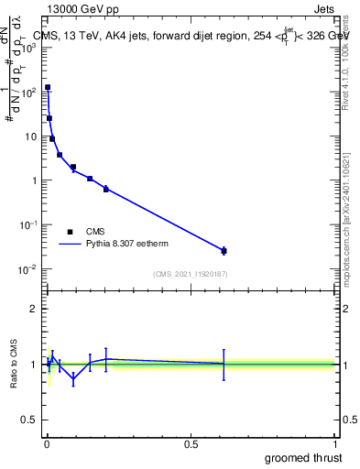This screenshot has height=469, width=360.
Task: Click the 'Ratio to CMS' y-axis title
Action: click(15, 365)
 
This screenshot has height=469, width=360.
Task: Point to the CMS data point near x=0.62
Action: click(224, 250)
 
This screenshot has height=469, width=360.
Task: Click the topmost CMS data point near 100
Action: click(48, 88)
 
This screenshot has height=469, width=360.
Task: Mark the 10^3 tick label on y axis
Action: click(29, 48)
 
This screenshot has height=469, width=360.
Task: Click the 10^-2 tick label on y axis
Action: click(29, 268)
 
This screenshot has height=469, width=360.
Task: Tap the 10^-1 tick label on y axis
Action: click(29, 224)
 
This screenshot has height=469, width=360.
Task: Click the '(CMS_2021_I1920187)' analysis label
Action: click(191, 274)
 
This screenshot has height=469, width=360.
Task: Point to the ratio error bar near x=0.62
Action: click(224, 364)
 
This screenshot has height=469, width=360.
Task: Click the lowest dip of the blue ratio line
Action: click(73, 377)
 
